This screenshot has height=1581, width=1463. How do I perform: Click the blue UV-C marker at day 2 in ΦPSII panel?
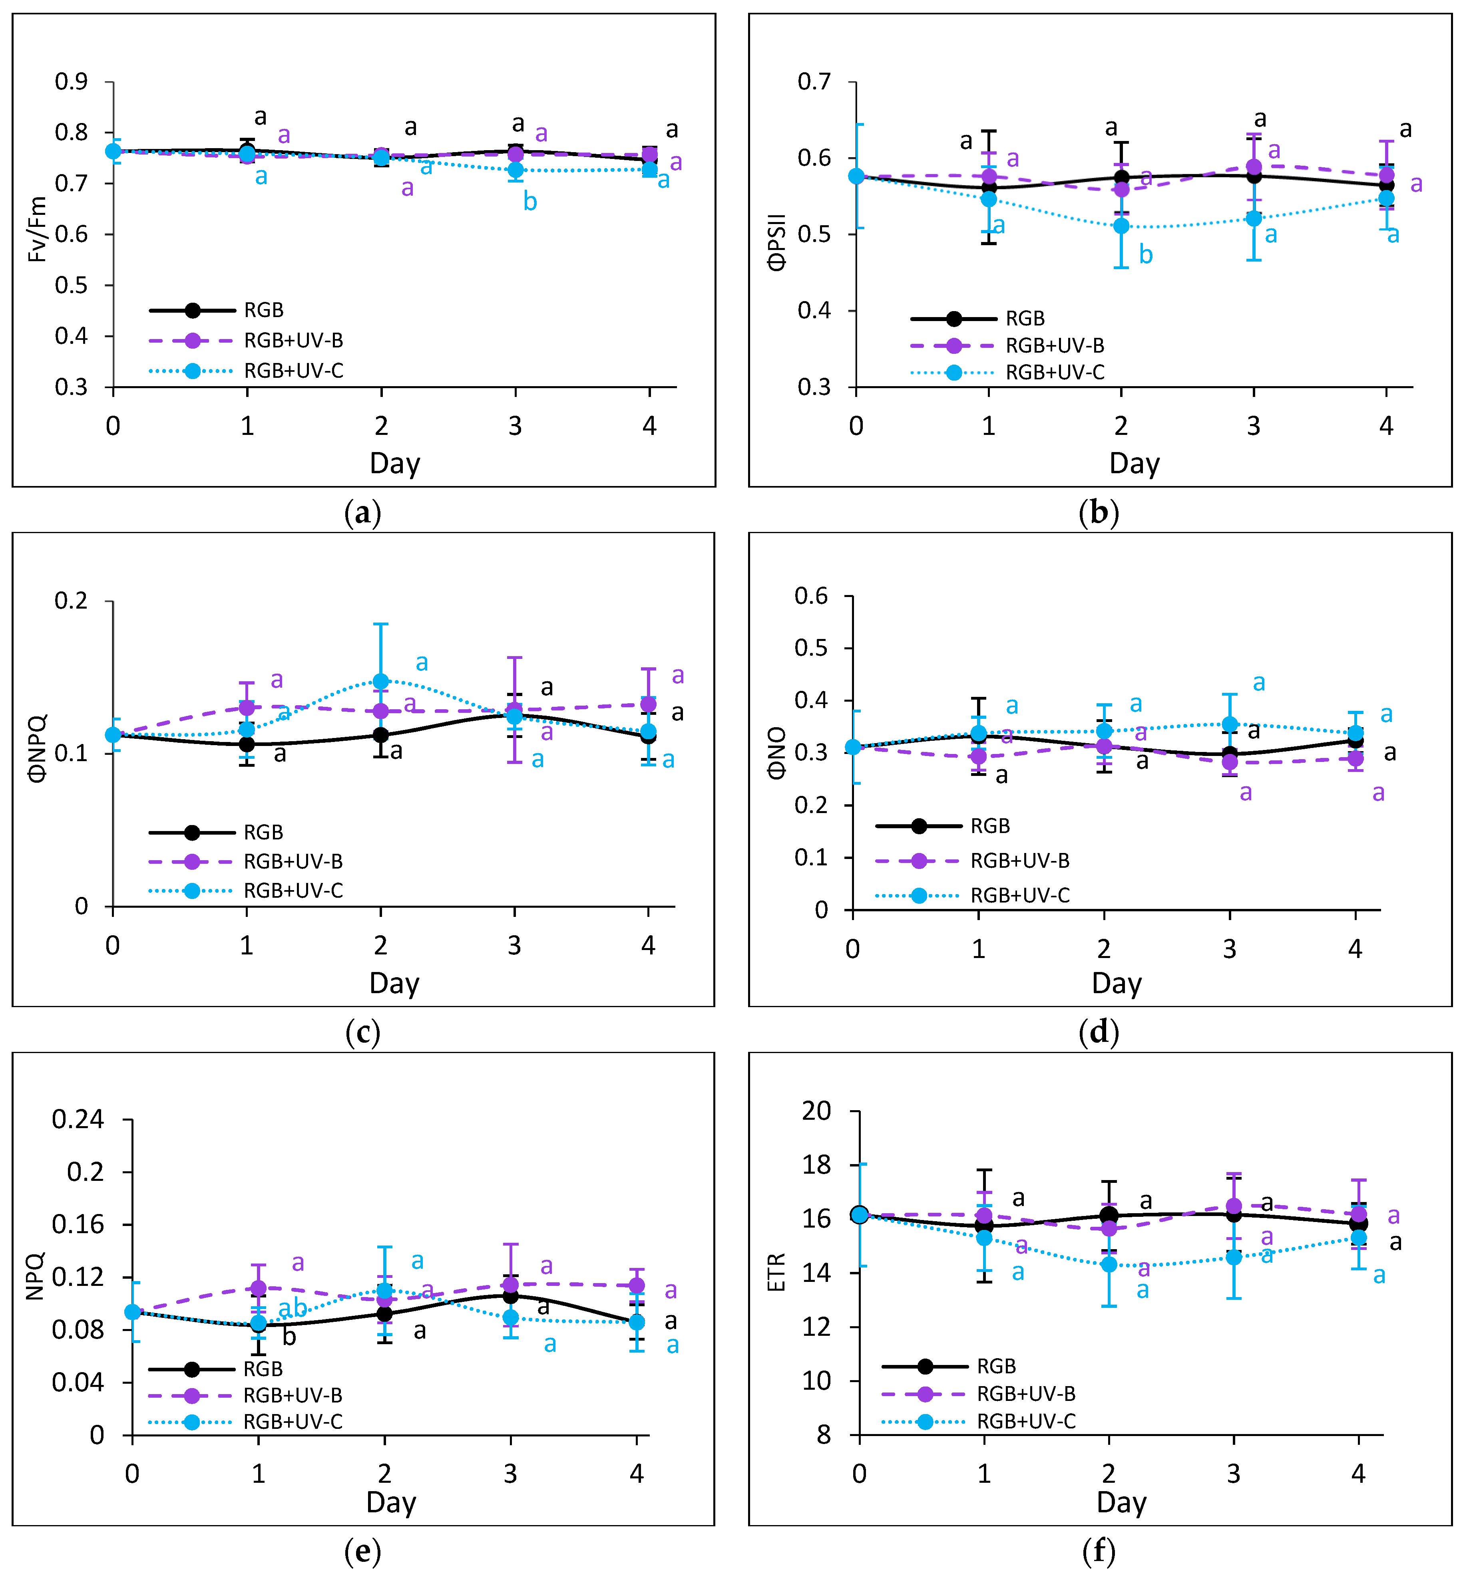(x=1121, y=226)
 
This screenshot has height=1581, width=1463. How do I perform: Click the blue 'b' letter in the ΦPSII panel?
(x=1146, y=255)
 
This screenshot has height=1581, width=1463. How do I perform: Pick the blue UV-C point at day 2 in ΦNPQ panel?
(x=381, y=681)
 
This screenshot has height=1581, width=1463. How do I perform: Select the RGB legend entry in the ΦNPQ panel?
(x=263, y=833)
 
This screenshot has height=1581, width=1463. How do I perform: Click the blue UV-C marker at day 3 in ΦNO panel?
(x=1230, y=724)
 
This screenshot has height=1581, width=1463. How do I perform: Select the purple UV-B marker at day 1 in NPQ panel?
(x=258, y=1288)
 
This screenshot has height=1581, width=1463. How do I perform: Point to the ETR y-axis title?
(x=776, y=1272)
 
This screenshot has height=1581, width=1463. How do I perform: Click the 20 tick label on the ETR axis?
(x=817, y=1111)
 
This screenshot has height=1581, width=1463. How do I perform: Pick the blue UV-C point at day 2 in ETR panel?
(x=1109, y=1264)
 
